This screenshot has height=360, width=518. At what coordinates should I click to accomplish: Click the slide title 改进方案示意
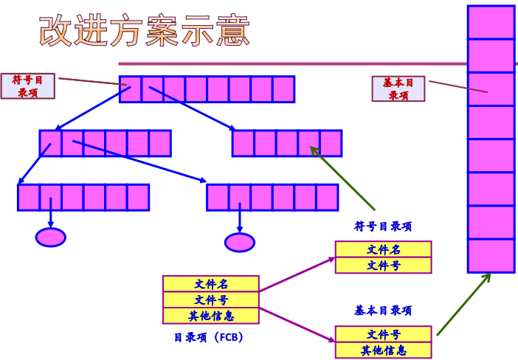pos(145,32)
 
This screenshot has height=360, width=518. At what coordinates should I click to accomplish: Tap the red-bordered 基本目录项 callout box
pos(398,89)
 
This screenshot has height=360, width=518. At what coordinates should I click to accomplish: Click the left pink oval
pos(51,237)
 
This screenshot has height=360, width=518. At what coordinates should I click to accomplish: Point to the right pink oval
pos(240,242)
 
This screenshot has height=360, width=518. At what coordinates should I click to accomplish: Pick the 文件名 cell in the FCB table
pos(211,284)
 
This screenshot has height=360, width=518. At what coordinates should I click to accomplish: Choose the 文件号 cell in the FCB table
pos(211,300)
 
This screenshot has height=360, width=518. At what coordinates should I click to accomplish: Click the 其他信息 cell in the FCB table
pos(211,316)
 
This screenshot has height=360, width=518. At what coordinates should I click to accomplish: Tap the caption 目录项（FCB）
pos(209,337)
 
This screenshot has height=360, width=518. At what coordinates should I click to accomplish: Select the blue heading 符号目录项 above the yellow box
pos(383,226)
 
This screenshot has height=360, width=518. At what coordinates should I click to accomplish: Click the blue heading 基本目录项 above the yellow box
pos(383,311)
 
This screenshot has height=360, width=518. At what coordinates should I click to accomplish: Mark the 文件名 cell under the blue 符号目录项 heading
pos(383,249)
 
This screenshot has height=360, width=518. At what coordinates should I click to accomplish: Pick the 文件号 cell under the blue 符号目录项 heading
pos(383,266)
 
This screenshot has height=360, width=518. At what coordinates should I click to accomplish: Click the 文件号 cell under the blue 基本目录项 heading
pos(383,334)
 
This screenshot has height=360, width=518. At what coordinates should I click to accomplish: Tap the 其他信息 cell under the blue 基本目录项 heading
pos(383,350)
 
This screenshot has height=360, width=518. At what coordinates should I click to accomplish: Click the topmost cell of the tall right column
pos(491,21)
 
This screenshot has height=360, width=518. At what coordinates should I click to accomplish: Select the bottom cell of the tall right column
pos(491,255)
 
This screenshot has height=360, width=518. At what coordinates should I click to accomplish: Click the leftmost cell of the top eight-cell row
pos(131,89)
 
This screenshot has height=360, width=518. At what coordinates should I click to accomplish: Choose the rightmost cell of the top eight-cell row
pos(283,89)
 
